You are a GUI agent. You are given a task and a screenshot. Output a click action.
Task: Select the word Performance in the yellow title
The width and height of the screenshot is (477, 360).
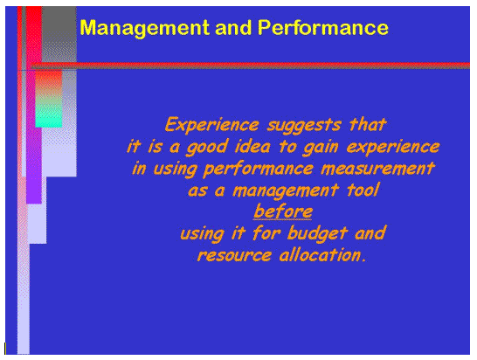[323, 28]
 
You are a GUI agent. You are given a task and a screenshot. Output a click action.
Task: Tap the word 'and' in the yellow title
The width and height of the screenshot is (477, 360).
[229, 28]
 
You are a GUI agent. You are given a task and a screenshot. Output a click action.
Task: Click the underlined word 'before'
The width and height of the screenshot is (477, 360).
[283, 211]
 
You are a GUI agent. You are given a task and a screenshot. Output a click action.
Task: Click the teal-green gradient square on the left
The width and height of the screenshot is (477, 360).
[49, 110]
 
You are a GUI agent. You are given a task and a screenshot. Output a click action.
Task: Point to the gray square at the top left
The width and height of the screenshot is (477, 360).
[59, 33]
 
